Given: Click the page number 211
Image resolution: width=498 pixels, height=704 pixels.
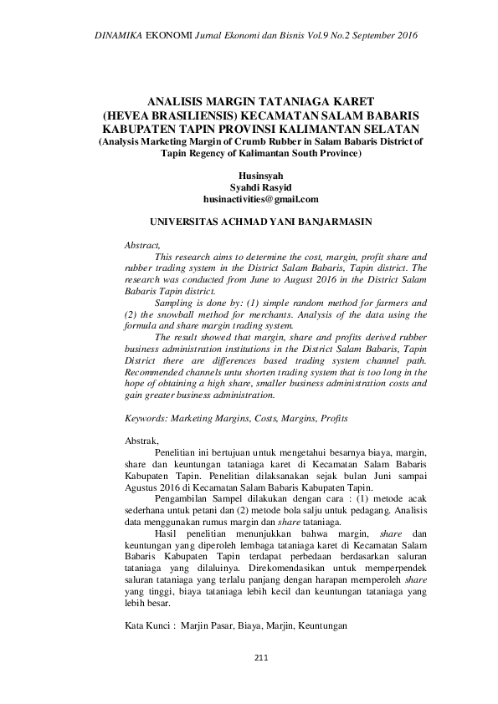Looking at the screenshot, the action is [x=260, y=657].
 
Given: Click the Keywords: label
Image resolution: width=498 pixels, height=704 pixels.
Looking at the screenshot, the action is [x=150, y=416].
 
